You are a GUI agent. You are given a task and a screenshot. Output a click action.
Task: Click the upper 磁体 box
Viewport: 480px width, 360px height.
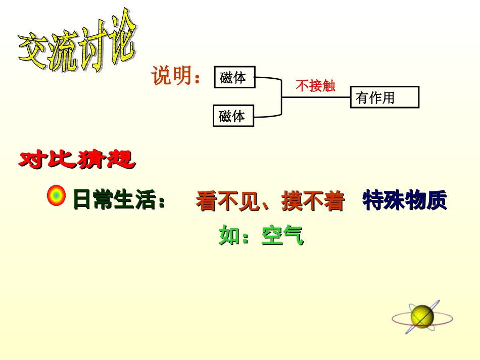coord(234,77)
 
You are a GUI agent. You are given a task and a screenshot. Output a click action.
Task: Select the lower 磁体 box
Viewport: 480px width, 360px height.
coord(233,116)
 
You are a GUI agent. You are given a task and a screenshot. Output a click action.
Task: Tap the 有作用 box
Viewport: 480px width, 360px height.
coord(385,97)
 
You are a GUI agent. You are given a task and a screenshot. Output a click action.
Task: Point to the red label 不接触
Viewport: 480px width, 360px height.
coord(315,86)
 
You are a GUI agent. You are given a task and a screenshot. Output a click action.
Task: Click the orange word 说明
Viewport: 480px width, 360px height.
coord(172,76)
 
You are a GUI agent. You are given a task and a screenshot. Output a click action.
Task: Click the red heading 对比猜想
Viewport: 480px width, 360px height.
coord(77,160)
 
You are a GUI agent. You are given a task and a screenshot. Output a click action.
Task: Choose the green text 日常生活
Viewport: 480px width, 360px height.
coord(114,200)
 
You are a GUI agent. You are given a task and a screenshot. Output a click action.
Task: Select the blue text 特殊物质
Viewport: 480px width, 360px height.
coord(405,200)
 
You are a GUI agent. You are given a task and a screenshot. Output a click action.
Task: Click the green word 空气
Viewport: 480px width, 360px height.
coord(282,235)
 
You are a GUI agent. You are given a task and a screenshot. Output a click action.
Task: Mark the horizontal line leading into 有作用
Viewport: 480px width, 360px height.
coord(316,97)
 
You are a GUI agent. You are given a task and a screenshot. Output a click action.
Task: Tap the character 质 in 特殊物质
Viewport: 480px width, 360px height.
coord(437,200)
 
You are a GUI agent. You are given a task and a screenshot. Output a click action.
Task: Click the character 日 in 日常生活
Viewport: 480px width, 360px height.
coord(83,200)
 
